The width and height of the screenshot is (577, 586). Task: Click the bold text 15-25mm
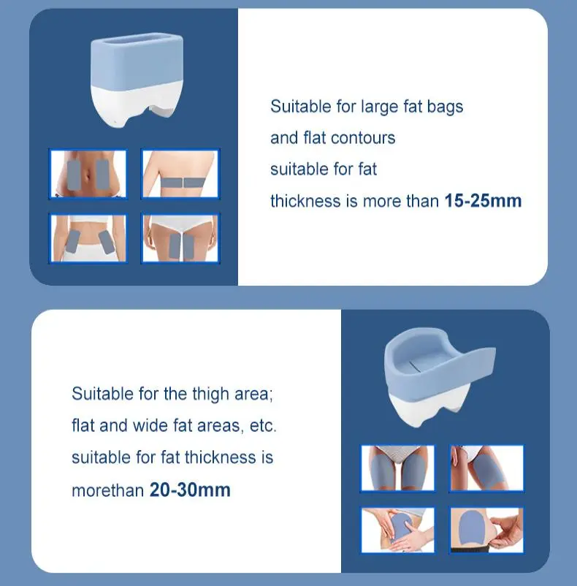[x=483, y=201]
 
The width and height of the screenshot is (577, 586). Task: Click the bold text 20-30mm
[x=190, y=490]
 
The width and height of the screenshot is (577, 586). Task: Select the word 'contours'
[x=363, y=138]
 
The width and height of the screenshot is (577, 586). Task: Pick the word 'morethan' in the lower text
[x=107, y=490]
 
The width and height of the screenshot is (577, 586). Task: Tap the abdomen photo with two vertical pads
[x=88, y=174]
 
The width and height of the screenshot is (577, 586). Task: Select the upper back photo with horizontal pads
[x=180, y=174]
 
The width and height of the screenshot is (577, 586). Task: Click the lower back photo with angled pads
[x=88, y=238]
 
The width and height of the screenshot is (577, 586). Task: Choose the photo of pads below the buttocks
[x=180, y=238]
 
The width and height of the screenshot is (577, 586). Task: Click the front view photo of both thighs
[x=398, y=468]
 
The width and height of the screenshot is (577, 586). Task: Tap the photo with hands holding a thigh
[x=398, y=530]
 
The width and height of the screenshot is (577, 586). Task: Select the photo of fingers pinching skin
[x=486, y=530]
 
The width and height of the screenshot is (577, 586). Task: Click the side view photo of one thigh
[x=486, y=468]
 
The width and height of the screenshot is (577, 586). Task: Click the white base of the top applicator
[x=137, y=104]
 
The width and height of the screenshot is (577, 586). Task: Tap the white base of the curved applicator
[x=424, y=409]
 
